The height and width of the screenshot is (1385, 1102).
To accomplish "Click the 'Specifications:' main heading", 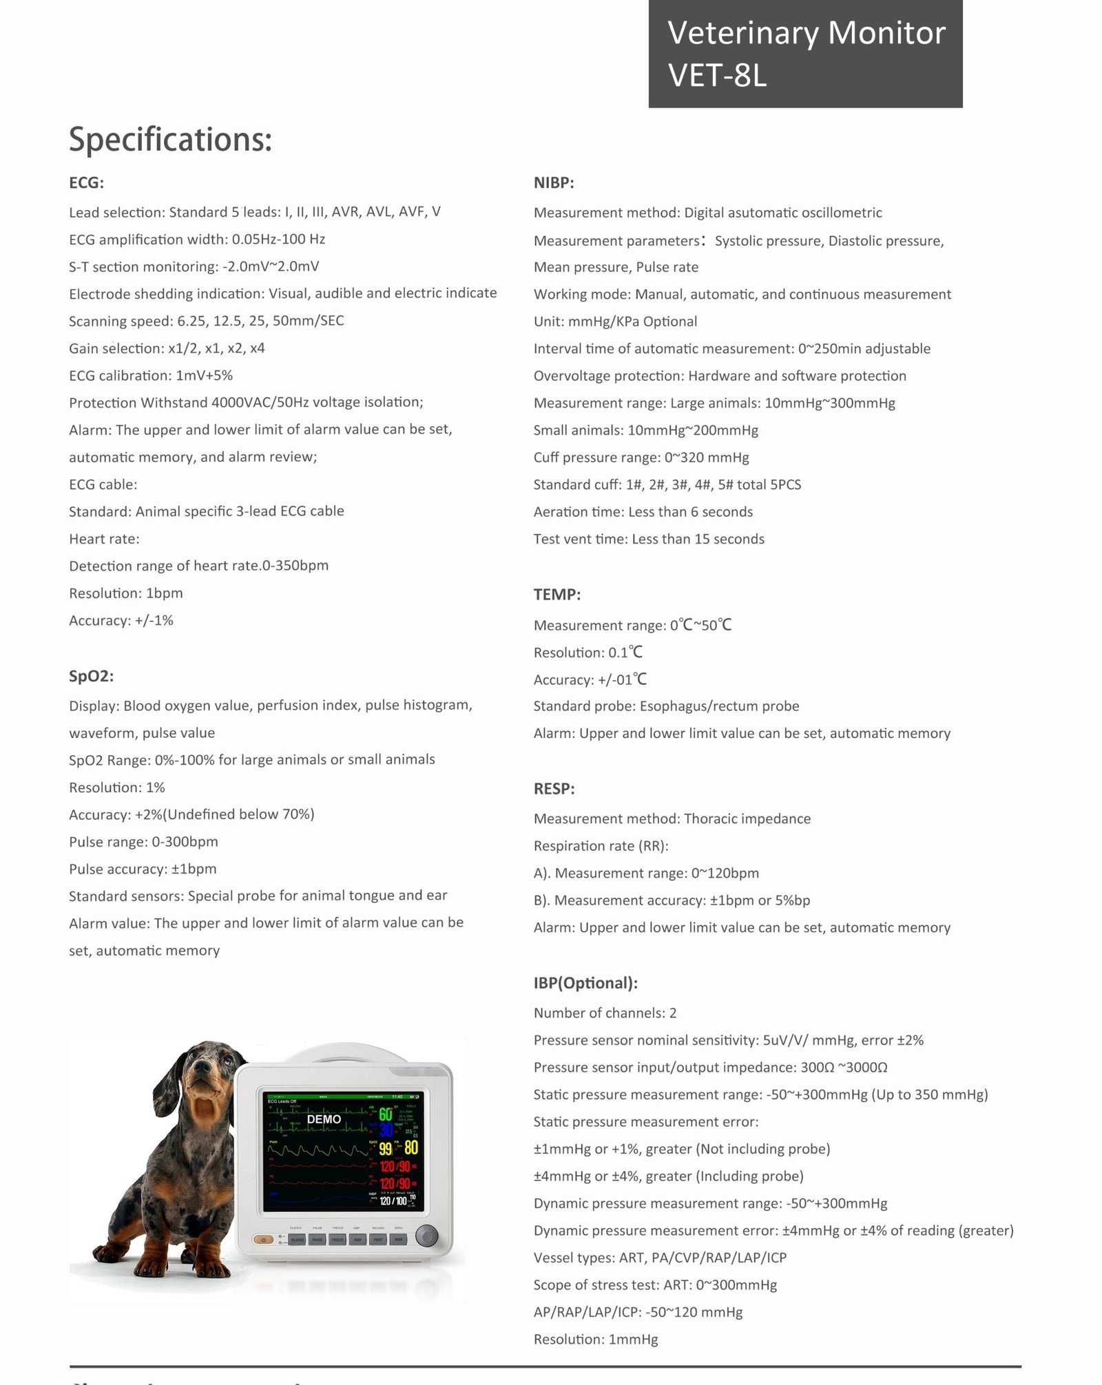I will [170, 140].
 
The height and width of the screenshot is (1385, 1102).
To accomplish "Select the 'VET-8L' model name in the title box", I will [717, 75].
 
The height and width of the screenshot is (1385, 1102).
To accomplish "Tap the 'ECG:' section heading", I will [86, 183].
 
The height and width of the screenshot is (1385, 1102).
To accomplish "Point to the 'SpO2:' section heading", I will [91, 676].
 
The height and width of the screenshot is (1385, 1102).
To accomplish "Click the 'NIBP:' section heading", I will [554, 183].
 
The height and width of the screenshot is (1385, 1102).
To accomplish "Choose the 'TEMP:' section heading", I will [557, 595].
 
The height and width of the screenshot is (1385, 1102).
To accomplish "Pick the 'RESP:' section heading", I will [554, 789].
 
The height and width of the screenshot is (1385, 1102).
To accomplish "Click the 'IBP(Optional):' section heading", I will [585, 983].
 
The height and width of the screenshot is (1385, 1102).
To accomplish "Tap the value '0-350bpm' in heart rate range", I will [295, 566].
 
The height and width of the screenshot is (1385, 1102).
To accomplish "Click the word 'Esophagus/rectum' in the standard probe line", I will [696, 706].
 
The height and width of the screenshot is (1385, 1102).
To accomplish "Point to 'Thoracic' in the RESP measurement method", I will [711, 819].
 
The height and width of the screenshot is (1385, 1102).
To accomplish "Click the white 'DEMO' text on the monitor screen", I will [324, 1119].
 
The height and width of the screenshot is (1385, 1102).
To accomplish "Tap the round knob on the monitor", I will [427, 1236].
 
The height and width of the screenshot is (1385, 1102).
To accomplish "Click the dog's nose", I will [202, 1066].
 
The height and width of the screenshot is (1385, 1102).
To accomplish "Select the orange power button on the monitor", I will [263, 1240].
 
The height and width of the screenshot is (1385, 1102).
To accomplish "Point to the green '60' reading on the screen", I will [386, 1114].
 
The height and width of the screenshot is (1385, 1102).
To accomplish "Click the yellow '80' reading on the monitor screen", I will [411, 1148].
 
